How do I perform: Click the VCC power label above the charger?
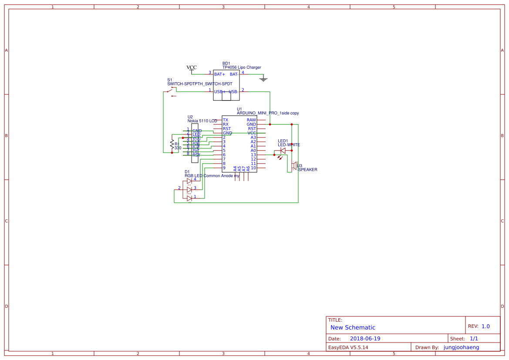[192, 67]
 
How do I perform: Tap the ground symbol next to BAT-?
[263, 79]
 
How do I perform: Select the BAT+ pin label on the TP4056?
[220, 74]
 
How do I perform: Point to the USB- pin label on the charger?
[233, 92]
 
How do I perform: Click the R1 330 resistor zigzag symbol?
[172, 144]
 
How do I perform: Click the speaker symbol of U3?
[294, 165]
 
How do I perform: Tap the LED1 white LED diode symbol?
[283, 151]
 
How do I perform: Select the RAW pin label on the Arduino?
[251, 120]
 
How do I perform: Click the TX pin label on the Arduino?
[226, 120]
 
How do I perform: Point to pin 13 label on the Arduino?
[253, 155]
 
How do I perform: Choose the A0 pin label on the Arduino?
[253, 151]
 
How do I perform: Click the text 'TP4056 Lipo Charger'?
[242, 67]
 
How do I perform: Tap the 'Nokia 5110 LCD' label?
[202, 121]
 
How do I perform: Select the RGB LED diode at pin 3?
[189, 189]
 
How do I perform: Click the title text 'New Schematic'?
[353, 327]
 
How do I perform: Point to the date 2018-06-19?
[365, 339]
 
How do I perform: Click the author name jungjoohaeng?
[461, 347]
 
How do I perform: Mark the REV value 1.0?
[485, 326]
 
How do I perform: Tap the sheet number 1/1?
[474, 339]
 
